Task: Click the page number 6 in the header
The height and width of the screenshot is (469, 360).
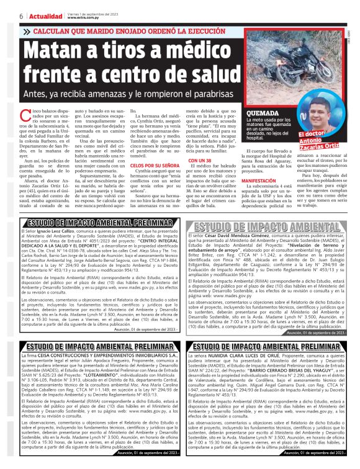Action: [22, 16]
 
